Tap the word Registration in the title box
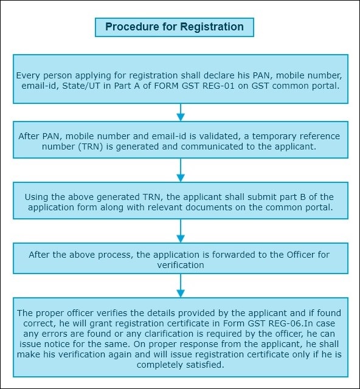(212, 27)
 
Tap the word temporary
(274, 137)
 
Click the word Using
(36, 197)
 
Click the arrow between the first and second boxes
(181, 112)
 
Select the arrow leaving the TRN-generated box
(181, 170)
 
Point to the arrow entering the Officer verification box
(181, 231)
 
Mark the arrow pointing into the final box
(181, 286)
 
